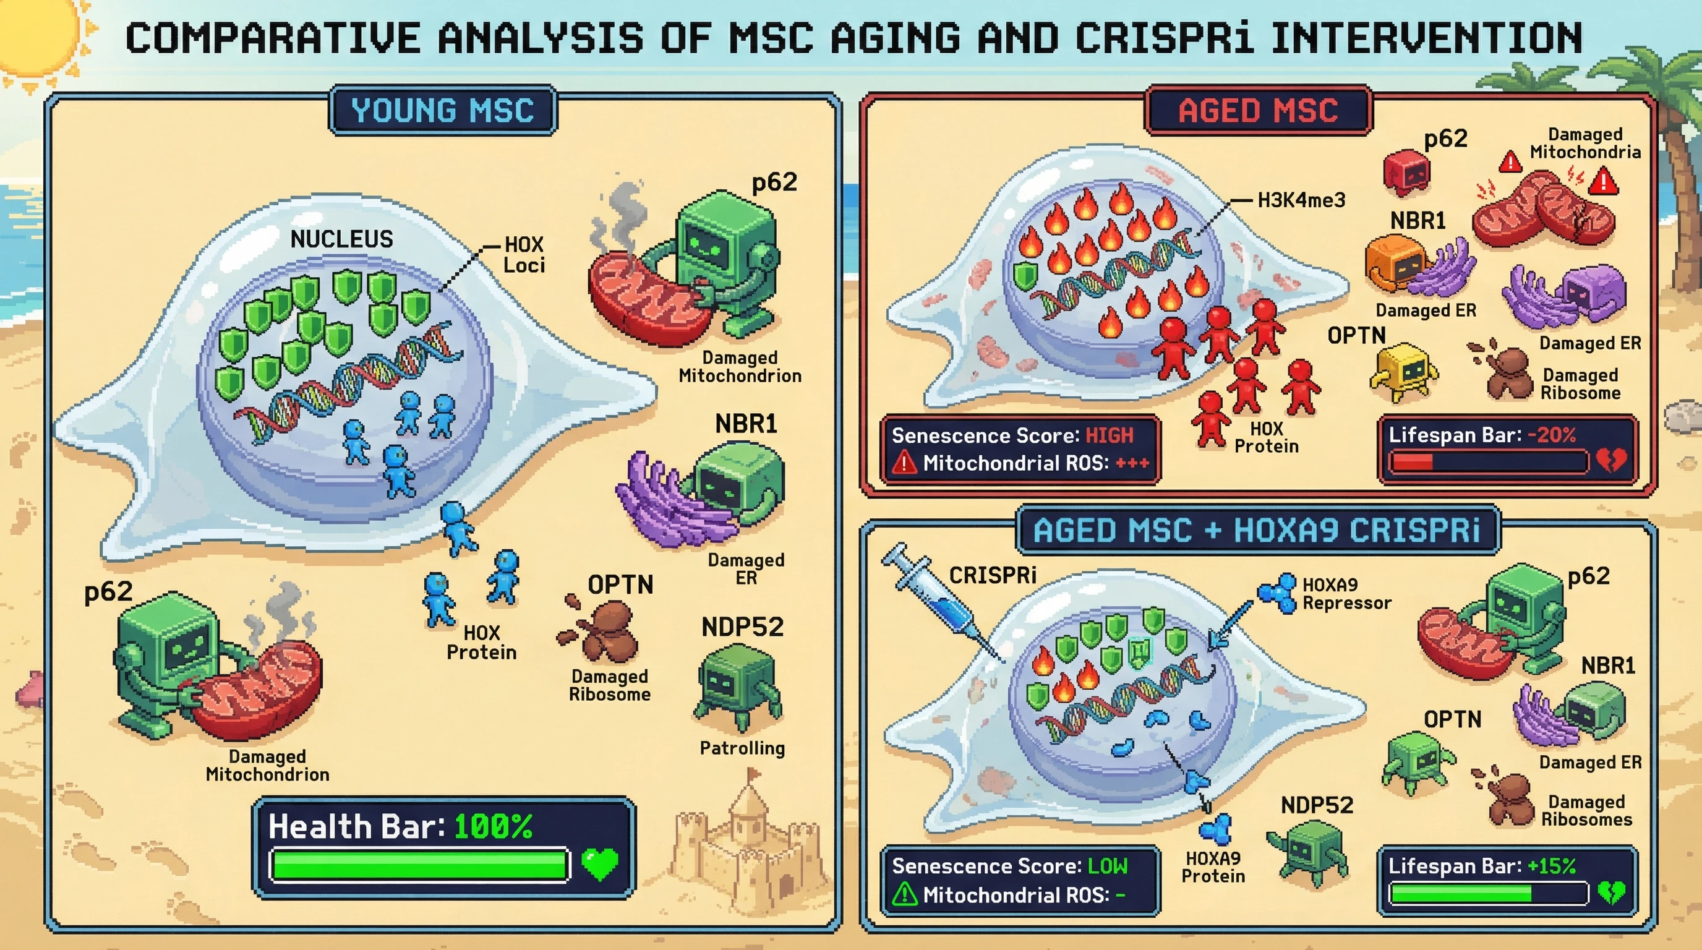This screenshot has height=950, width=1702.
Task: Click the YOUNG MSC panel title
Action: [x=442, y=110]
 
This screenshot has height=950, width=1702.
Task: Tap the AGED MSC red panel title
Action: [x=1257, y=110]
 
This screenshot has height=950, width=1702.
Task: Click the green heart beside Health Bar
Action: [x=600, y=863]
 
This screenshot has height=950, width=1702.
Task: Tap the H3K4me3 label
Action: [x=1301, y=200]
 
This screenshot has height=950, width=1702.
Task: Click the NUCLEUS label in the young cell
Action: [x=341, y=239]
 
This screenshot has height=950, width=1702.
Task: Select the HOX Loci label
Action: [x=523, y=255]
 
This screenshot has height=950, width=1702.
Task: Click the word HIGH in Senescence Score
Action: [x=1110, y=435]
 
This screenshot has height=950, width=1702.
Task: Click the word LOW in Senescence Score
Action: [x=1108, y=865]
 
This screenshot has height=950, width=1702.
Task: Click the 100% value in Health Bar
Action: [x=493, y=826]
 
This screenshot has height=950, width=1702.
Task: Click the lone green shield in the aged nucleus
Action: [x=1025, y=275]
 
